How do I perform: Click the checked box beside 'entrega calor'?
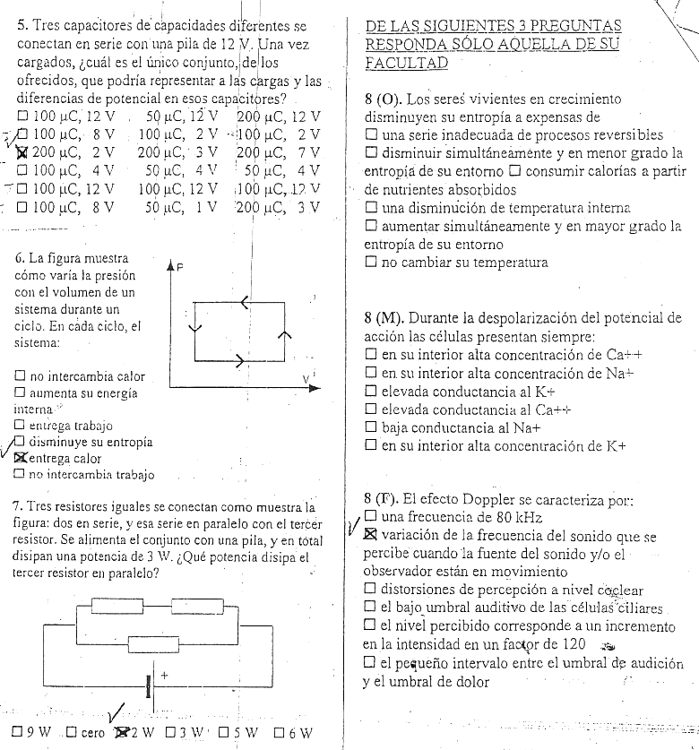click(x=20, y=459)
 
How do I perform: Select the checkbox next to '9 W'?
click(x=17, y=733)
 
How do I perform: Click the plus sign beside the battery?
click(x=166, y=672)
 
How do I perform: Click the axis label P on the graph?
click(x=178, y=267)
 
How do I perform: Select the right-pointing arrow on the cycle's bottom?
click(x=239, y=364)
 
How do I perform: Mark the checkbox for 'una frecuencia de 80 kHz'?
click(x=370, y=517)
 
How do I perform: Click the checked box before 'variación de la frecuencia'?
click(x=370, y=535)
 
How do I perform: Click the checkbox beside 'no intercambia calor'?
click(x=20, y=375)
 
